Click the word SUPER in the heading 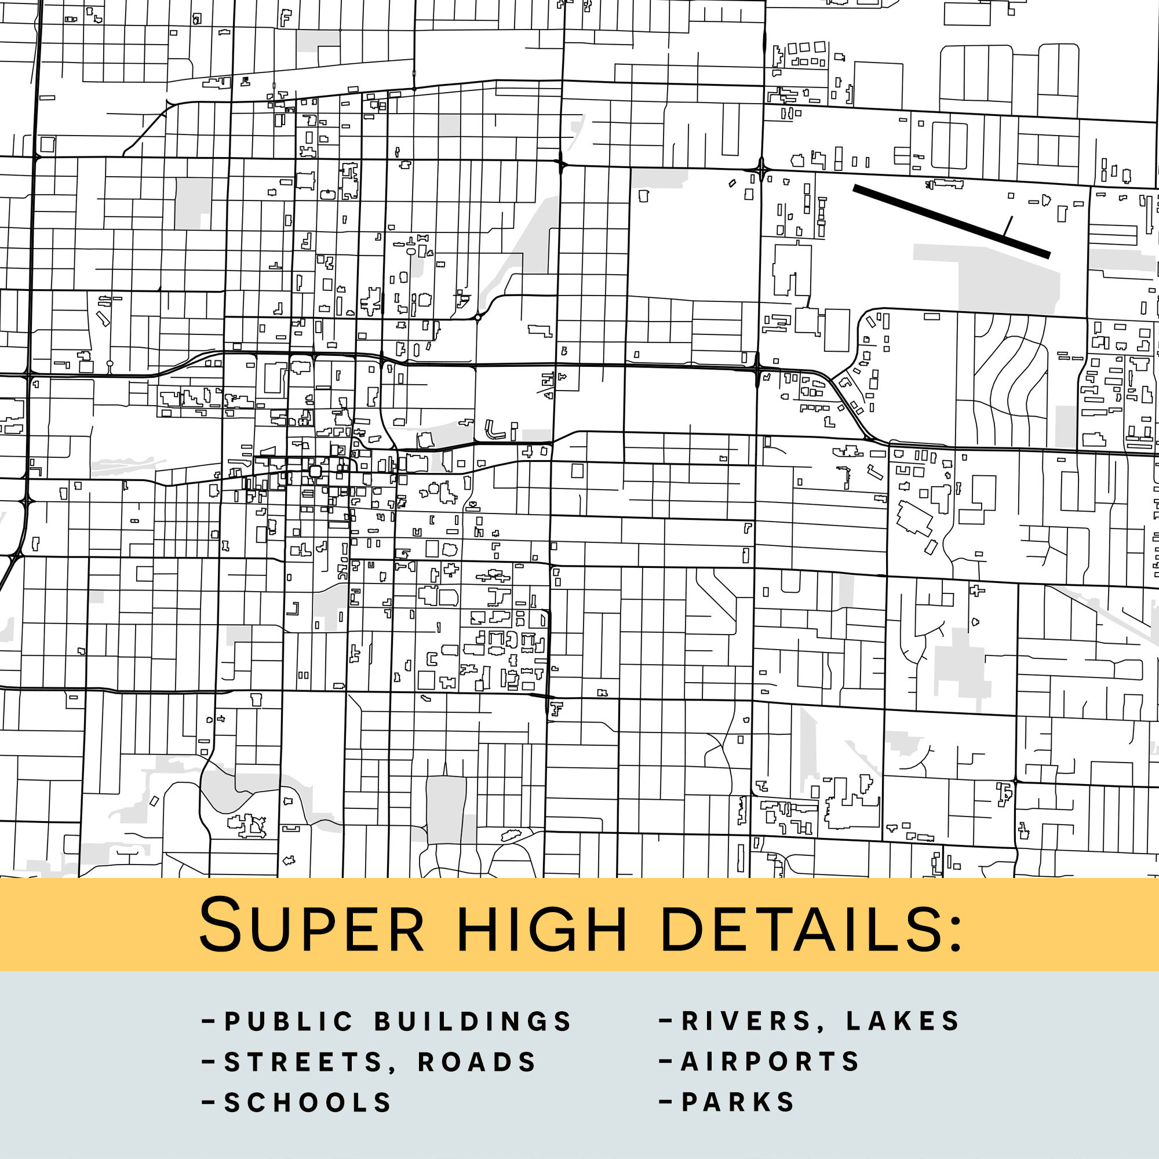[x=311, y=924]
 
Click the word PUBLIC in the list [x=289, y=1022]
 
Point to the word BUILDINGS [x=473, y=1022]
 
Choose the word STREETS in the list [x=303, y=1062]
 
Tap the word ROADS [x=477, y=1062]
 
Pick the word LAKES [x=903, y=1022]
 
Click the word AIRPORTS [x=770, y=1062]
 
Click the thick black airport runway [x=951, y=221]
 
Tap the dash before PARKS [x=665, y=1102]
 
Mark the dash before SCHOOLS [x=209, y=1102]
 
